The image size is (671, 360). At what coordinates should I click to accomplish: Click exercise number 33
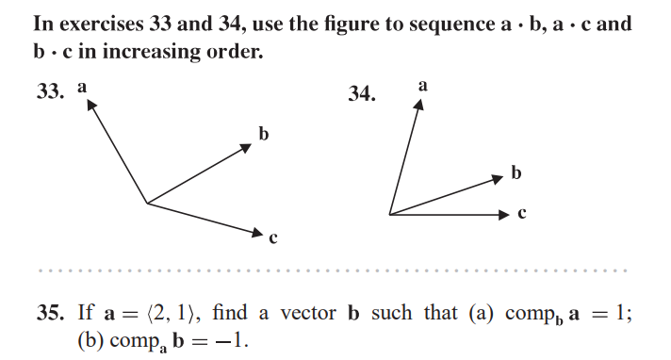pyautogui.click(x=49, y=92)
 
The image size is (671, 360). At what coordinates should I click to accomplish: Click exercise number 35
pyautogui.click(x=49, y=313)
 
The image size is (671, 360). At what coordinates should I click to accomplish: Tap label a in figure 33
pyautogui.click(x=83, y=86)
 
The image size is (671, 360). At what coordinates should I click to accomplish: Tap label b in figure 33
pyautogui.click(x=264, y=134)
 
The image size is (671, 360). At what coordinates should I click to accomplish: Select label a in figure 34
pyautogui.click(x=422, y=85)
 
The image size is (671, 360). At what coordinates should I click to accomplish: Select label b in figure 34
pyautogui.click(x=516, y=172)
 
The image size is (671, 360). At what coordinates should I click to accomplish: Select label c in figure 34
pyautogui.click(x=521, y=214)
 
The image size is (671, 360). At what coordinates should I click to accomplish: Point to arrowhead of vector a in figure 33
pyautogui.click(x=91, y=105)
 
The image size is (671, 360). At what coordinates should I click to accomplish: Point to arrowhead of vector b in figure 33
pyautogui.click(x=248, y=149)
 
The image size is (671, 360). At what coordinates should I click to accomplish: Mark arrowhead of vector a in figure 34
pyautogui.click(x=418, y=103)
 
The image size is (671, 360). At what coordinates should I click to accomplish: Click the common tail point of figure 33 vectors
pyautogui.click(x=146, y=203)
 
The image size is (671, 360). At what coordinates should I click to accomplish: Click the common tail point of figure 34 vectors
pyautogui.click(x=389, y=214)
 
